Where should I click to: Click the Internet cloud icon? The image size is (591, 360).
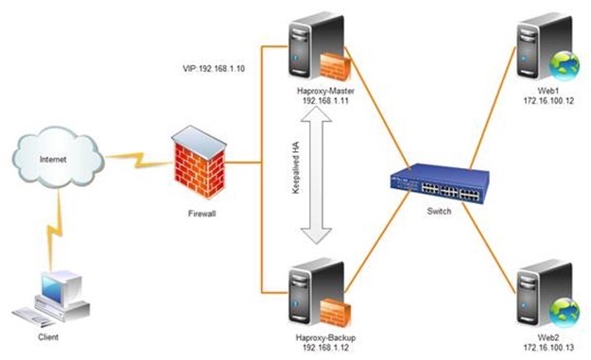(58, 158)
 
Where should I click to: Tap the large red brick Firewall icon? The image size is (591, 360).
(200, 162)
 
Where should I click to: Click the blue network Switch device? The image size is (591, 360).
(440, 183)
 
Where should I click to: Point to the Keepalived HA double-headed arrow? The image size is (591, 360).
(316, 175)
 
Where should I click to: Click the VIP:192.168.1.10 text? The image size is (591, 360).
(214, 69)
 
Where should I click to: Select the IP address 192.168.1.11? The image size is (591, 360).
(325, 101)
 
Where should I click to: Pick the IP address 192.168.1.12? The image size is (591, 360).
(325, 348)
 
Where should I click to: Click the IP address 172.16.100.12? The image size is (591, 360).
(548, 100)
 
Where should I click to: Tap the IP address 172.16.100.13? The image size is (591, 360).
(548, 348)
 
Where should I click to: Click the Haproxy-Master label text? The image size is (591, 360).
(325, 91)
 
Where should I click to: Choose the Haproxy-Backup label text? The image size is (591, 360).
(325, 337)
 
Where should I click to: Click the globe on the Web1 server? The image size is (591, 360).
(565, 65)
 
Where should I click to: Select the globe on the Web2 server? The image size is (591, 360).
(565, 312)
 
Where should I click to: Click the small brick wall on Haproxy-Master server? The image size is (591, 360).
(335, 66)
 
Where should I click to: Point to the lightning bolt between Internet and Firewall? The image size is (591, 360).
(138, 160)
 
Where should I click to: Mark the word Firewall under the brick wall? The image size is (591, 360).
(202, 214)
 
